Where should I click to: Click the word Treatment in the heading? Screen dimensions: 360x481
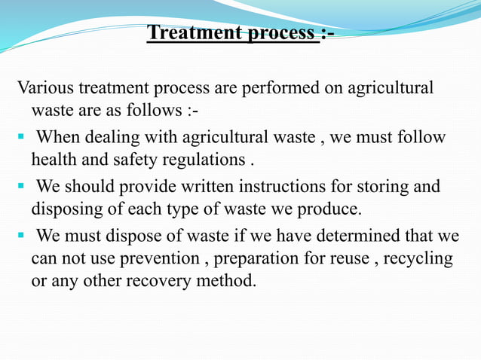(191, 34)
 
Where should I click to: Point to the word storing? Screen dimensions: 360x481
(388, 186)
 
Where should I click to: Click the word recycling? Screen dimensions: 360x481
(417, 259)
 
